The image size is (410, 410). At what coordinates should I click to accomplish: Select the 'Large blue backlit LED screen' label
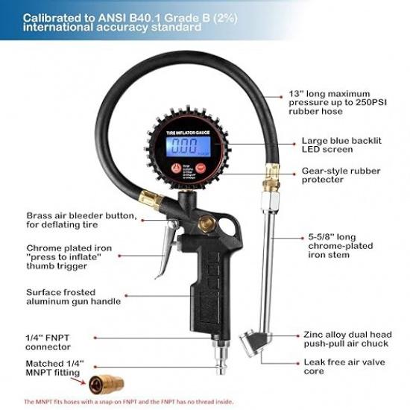tap(341, 145)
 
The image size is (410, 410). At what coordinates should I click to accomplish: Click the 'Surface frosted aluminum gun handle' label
tap(72, 297)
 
